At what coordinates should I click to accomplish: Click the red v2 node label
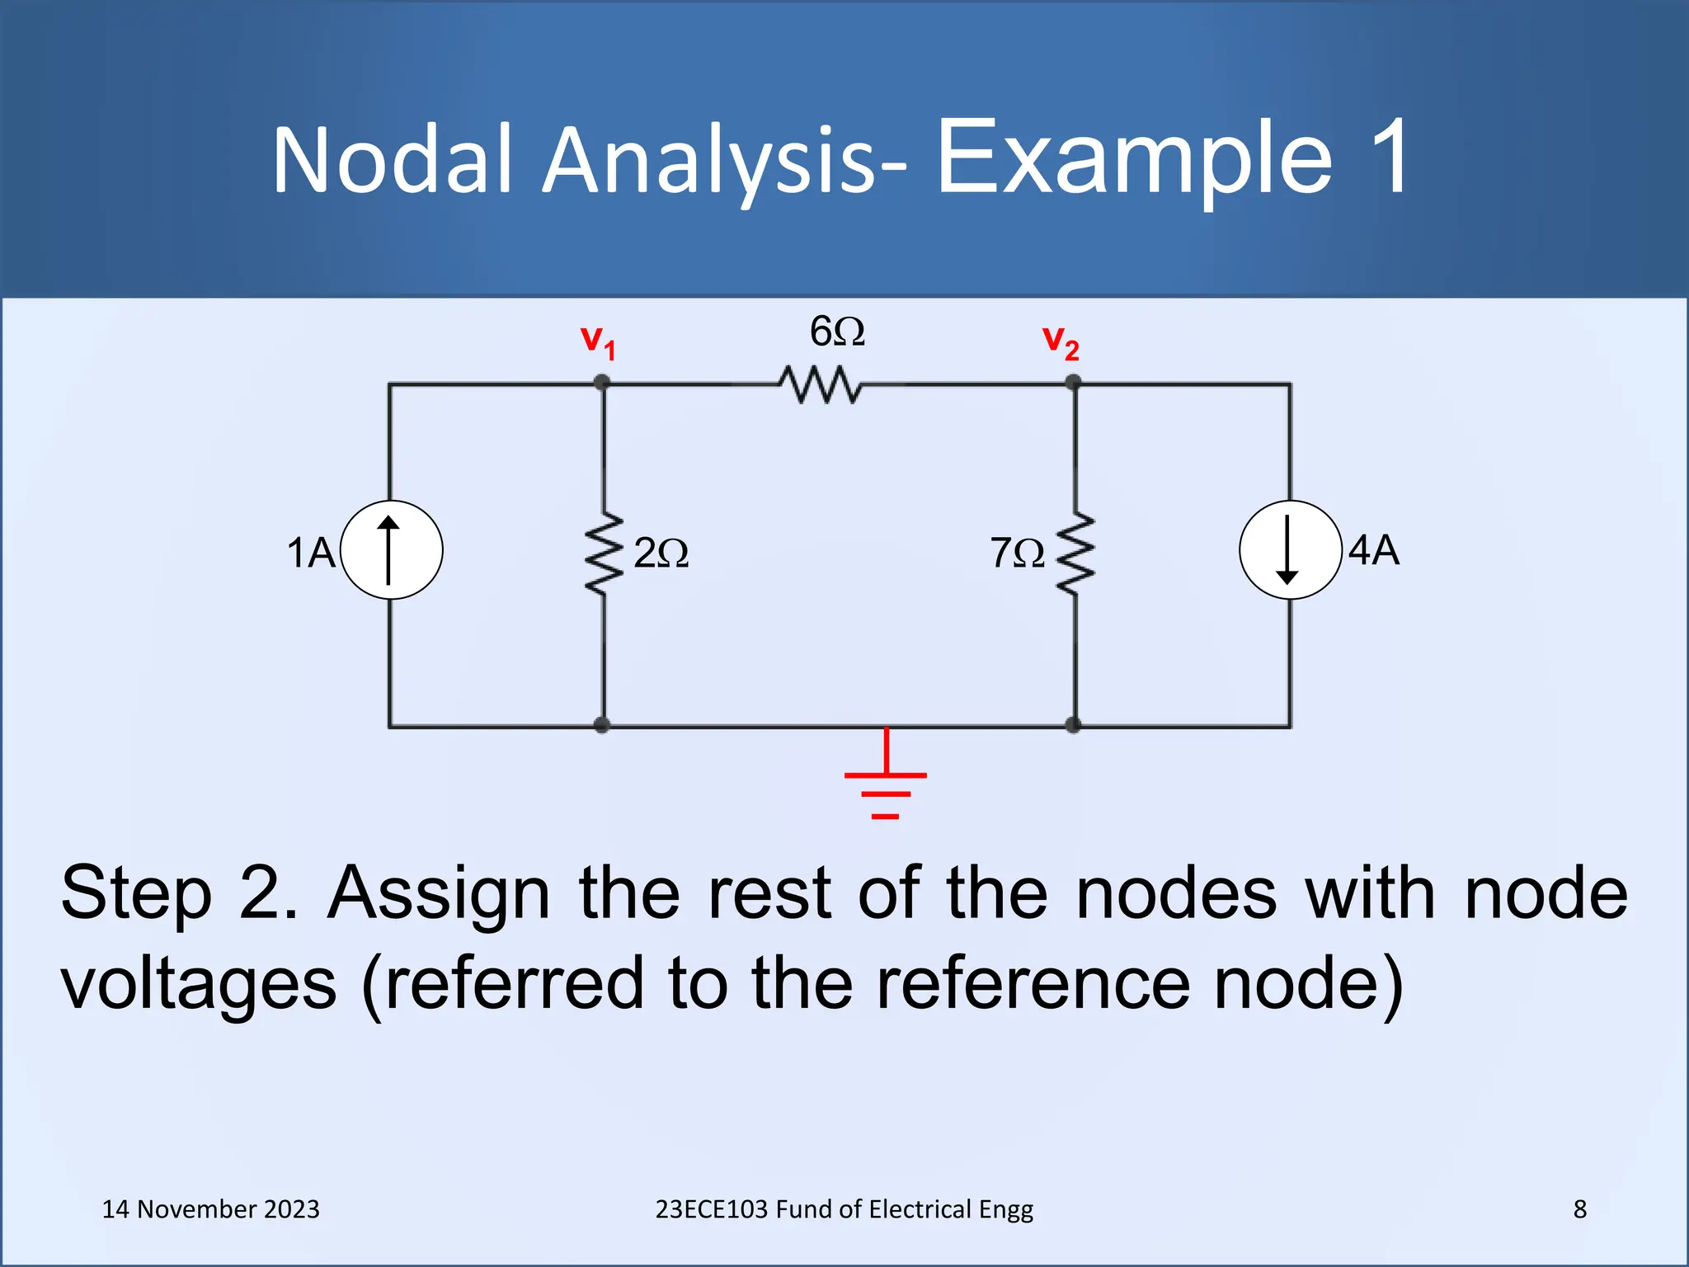tap(1061, 341)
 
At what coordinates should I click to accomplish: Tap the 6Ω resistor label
tap(837, 332)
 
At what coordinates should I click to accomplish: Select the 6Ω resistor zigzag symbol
tap(820, 384)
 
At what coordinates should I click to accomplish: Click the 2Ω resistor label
tap(661, 553)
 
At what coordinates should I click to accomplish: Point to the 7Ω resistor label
tap(1017, 553)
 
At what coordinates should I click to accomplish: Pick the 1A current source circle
tap(391, 549)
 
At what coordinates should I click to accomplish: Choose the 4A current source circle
tap(1290, 549)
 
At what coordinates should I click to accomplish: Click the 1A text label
tap(311, 553)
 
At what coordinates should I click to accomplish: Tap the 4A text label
tap(1374, 550)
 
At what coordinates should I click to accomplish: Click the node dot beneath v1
tap(602, 383)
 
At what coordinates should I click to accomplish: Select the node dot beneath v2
tap(1073, 383)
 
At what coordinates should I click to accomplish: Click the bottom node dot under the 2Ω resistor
tap(602, 725)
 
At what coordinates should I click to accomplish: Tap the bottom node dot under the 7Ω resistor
tap(1073, 725)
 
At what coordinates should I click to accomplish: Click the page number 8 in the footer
tap(1579, 1209)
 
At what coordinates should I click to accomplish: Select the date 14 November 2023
tap(210, 1209)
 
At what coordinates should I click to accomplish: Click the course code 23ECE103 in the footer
tap(712, 1209)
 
